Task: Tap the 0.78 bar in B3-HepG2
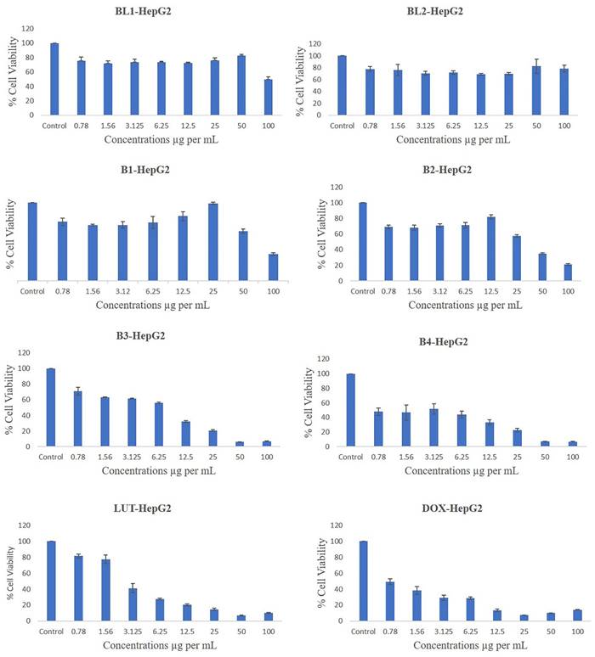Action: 77,418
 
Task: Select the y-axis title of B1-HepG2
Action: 9,235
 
